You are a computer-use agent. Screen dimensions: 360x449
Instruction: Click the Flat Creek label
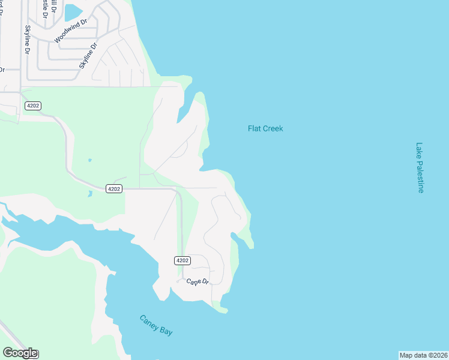265,128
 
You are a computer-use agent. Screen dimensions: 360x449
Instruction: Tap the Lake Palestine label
420,167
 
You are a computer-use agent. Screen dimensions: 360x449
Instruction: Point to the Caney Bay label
156,325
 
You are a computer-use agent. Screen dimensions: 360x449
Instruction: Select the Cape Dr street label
197,281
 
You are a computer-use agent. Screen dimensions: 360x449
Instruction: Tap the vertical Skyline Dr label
27,40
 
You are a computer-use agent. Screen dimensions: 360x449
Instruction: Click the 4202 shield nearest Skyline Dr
32,106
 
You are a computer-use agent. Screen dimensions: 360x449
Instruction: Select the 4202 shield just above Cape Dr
182,260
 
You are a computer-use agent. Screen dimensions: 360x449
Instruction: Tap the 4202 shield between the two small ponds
114,188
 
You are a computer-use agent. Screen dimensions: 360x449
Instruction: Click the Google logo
20,353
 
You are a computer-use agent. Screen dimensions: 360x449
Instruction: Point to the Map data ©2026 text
423,355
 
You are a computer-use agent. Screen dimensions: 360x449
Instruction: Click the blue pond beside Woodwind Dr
73,12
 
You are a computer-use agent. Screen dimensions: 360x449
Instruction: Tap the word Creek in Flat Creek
273,128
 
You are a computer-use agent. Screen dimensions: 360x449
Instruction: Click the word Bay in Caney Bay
165,330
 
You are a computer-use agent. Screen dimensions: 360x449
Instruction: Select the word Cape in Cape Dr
192,281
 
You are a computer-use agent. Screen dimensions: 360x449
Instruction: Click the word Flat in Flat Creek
254,128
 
